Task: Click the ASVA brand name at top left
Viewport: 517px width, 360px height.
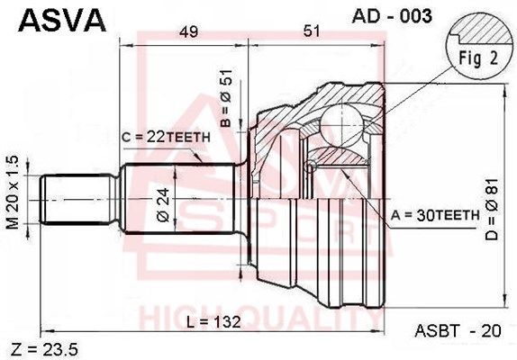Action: [x=62, y=21]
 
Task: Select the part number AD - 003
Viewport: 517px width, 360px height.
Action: [x=392, y=16]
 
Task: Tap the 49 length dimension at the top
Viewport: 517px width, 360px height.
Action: [x=188, y=31]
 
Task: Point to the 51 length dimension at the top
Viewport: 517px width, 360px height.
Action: [x=312, y=31]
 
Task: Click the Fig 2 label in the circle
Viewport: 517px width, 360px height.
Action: [x=478, y=58]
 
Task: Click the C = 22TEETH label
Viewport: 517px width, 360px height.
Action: [x=166, y=137]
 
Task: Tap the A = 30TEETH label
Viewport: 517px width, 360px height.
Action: [x=435, y=215]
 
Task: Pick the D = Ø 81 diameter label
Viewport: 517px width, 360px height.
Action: [x=492, y=210]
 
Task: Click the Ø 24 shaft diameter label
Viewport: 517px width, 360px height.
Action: [x=163, y=205]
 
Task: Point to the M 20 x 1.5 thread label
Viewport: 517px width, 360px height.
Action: [x=14, y=192]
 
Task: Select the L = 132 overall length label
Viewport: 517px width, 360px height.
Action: [x=213, y=322]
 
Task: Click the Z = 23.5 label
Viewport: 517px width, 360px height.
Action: [x=44, y=349]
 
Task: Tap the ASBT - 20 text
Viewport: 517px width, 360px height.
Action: [x=458, y=330]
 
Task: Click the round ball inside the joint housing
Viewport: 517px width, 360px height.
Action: [x=341, y=125]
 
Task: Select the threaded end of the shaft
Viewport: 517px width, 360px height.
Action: [x=79, y=200]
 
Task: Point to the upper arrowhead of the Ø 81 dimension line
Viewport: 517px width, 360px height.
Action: [x=504, y=91]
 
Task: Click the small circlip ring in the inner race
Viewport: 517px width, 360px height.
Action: [x=310, y=167]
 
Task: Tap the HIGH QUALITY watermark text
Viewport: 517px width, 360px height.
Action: [x=261, y=318]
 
